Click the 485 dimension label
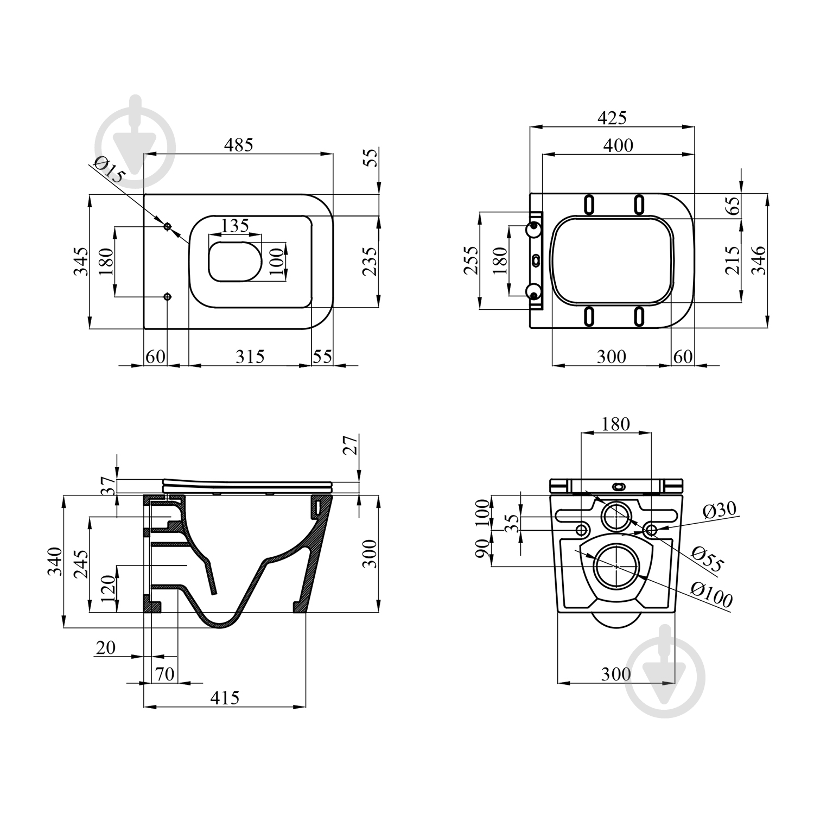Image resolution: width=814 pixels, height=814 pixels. (239, 145)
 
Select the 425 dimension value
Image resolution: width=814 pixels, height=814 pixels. (612, 117)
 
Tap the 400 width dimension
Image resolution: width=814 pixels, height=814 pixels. (619, 145)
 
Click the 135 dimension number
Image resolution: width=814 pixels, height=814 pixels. (234, 225)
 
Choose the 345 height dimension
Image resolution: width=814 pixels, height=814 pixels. (81, 261)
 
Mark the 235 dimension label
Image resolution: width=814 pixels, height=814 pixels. (370, 261)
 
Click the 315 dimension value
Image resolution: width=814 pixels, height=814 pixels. (250, 357)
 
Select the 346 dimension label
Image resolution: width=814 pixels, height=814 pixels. (758, 260)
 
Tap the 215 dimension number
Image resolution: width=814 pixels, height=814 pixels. (732, 260)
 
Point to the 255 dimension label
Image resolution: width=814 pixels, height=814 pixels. (472, 261)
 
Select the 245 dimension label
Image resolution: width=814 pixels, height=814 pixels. (81, 565)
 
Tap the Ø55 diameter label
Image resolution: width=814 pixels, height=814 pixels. (708, 560)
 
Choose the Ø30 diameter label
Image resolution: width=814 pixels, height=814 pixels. (720, 510)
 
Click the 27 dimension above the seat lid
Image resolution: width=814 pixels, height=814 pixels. (351, 444)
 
